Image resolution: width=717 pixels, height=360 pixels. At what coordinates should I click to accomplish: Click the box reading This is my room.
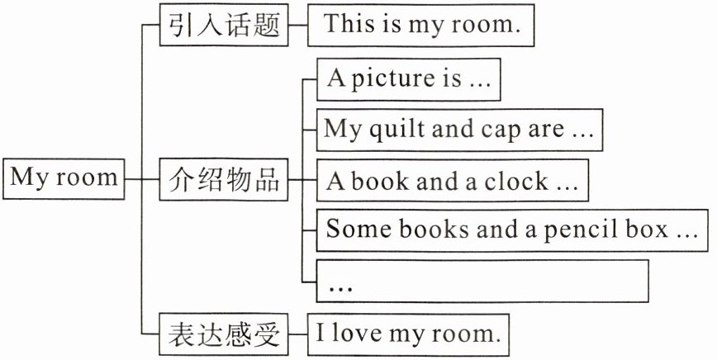coord(422,25)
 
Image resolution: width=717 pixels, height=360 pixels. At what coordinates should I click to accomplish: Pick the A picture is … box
coord(409,78)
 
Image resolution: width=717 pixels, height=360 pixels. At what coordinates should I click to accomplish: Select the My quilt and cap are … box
coord(458,130)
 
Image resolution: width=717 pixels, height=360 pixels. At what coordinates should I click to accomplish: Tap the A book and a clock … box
coord(452,181)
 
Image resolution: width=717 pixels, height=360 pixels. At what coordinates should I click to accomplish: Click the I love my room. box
coord(409,334)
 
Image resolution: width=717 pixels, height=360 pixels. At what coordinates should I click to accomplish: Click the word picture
coord(387,79)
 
